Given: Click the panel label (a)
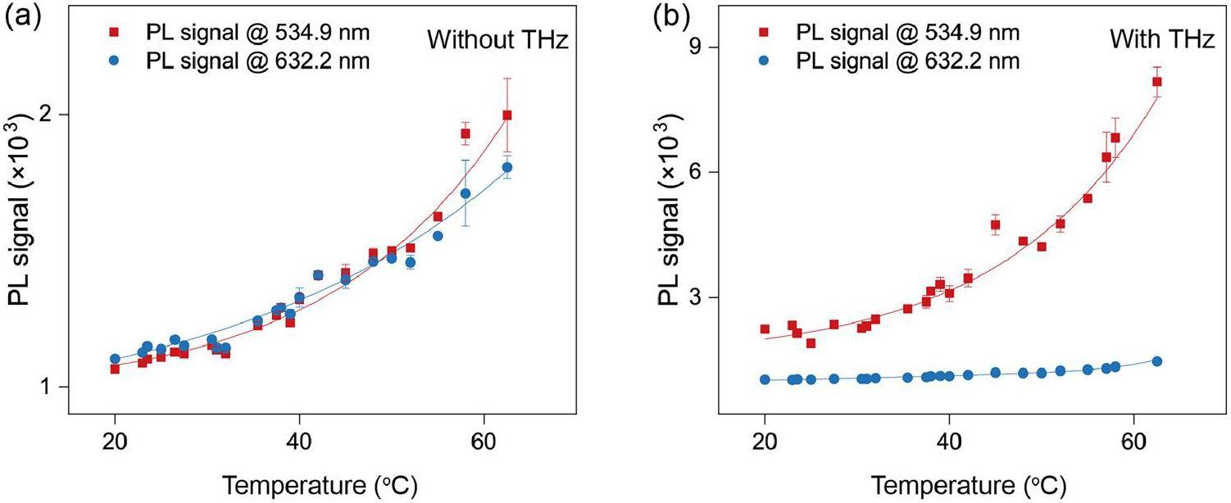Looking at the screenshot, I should point(20,16).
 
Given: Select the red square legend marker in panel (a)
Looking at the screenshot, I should point(115,34).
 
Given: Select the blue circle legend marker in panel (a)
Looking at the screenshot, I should point(115,61).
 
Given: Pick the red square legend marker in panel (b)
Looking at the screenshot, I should point(764,34).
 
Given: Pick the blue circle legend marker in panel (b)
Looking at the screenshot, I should point(764,61).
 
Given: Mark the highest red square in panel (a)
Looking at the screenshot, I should point(507,116).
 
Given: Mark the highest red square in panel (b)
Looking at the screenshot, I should point(1157,81).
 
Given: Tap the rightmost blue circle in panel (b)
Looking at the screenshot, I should point(1157,361).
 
